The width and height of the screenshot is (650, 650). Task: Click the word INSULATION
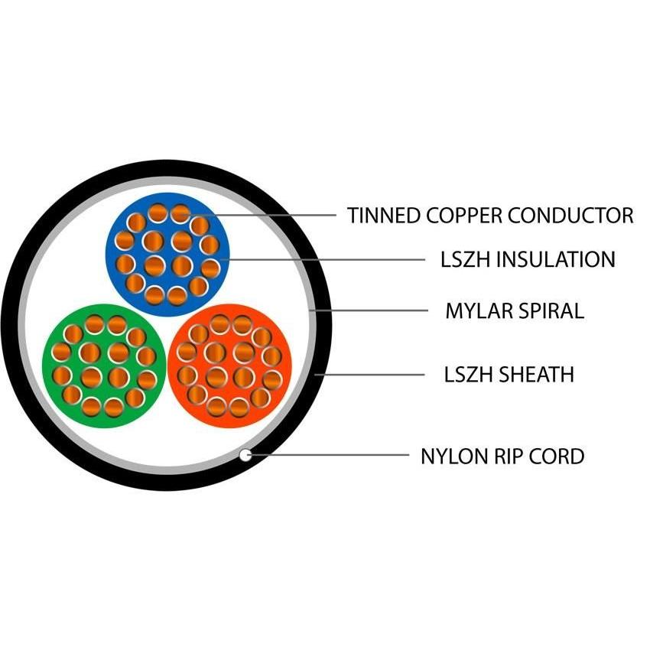click(x=555, y=260)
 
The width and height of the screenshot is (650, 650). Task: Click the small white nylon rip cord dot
click(x=245, y=455)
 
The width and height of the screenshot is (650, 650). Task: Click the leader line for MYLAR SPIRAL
click(x=375, y=310)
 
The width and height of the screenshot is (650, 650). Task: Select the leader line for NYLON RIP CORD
click(x=329, y=456)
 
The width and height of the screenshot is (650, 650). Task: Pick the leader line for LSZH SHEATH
click(x=375, y=375)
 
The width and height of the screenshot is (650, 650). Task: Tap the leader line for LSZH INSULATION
click(x=329, y=259)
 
